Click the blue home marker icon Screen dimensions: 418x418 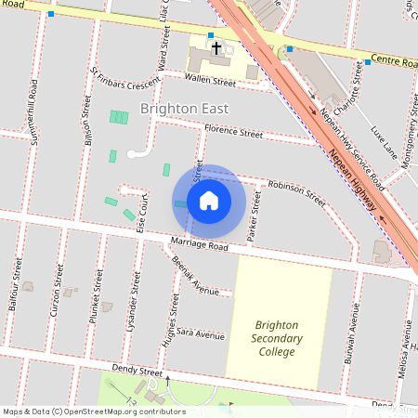tap(209, 200)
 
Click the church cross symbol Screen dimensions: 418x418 tap(216, 46)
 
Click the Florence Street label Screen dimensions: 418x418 tap(233, 132)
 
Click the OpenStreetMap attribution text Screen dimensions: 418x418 tap(94, 411)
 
